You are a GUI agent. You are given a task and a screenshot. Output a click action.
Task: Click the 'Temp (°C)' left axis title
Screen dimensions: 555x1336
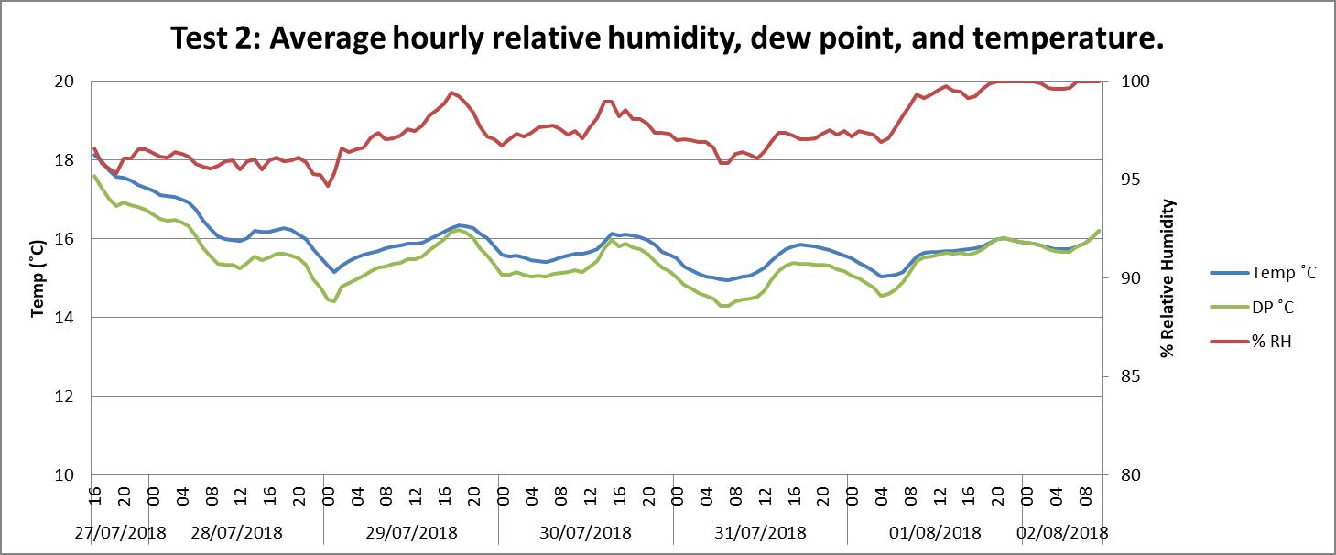[38, 278]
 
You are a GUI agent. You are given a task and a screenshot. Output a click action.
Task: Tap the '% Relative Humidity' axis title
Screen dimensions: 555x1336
[1168, 278]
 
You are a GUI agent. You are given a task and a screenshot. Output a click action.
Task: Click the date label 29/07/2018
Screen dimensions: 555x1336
[412, 532]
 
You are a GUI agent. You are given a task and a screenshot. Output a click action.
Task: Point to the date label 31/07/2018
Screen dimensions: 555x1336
[760, 532]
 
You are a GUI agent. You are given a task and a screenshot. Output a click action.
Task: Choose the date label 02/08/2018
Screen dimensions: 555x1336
[1062, 532]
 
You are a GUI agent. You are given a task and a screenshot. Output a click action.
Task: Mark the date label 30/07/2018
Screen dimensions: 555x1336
[586, 532]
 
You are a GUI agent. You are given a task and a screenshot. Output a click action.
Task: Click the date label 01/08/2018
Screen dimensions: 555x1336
[935, 532]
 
